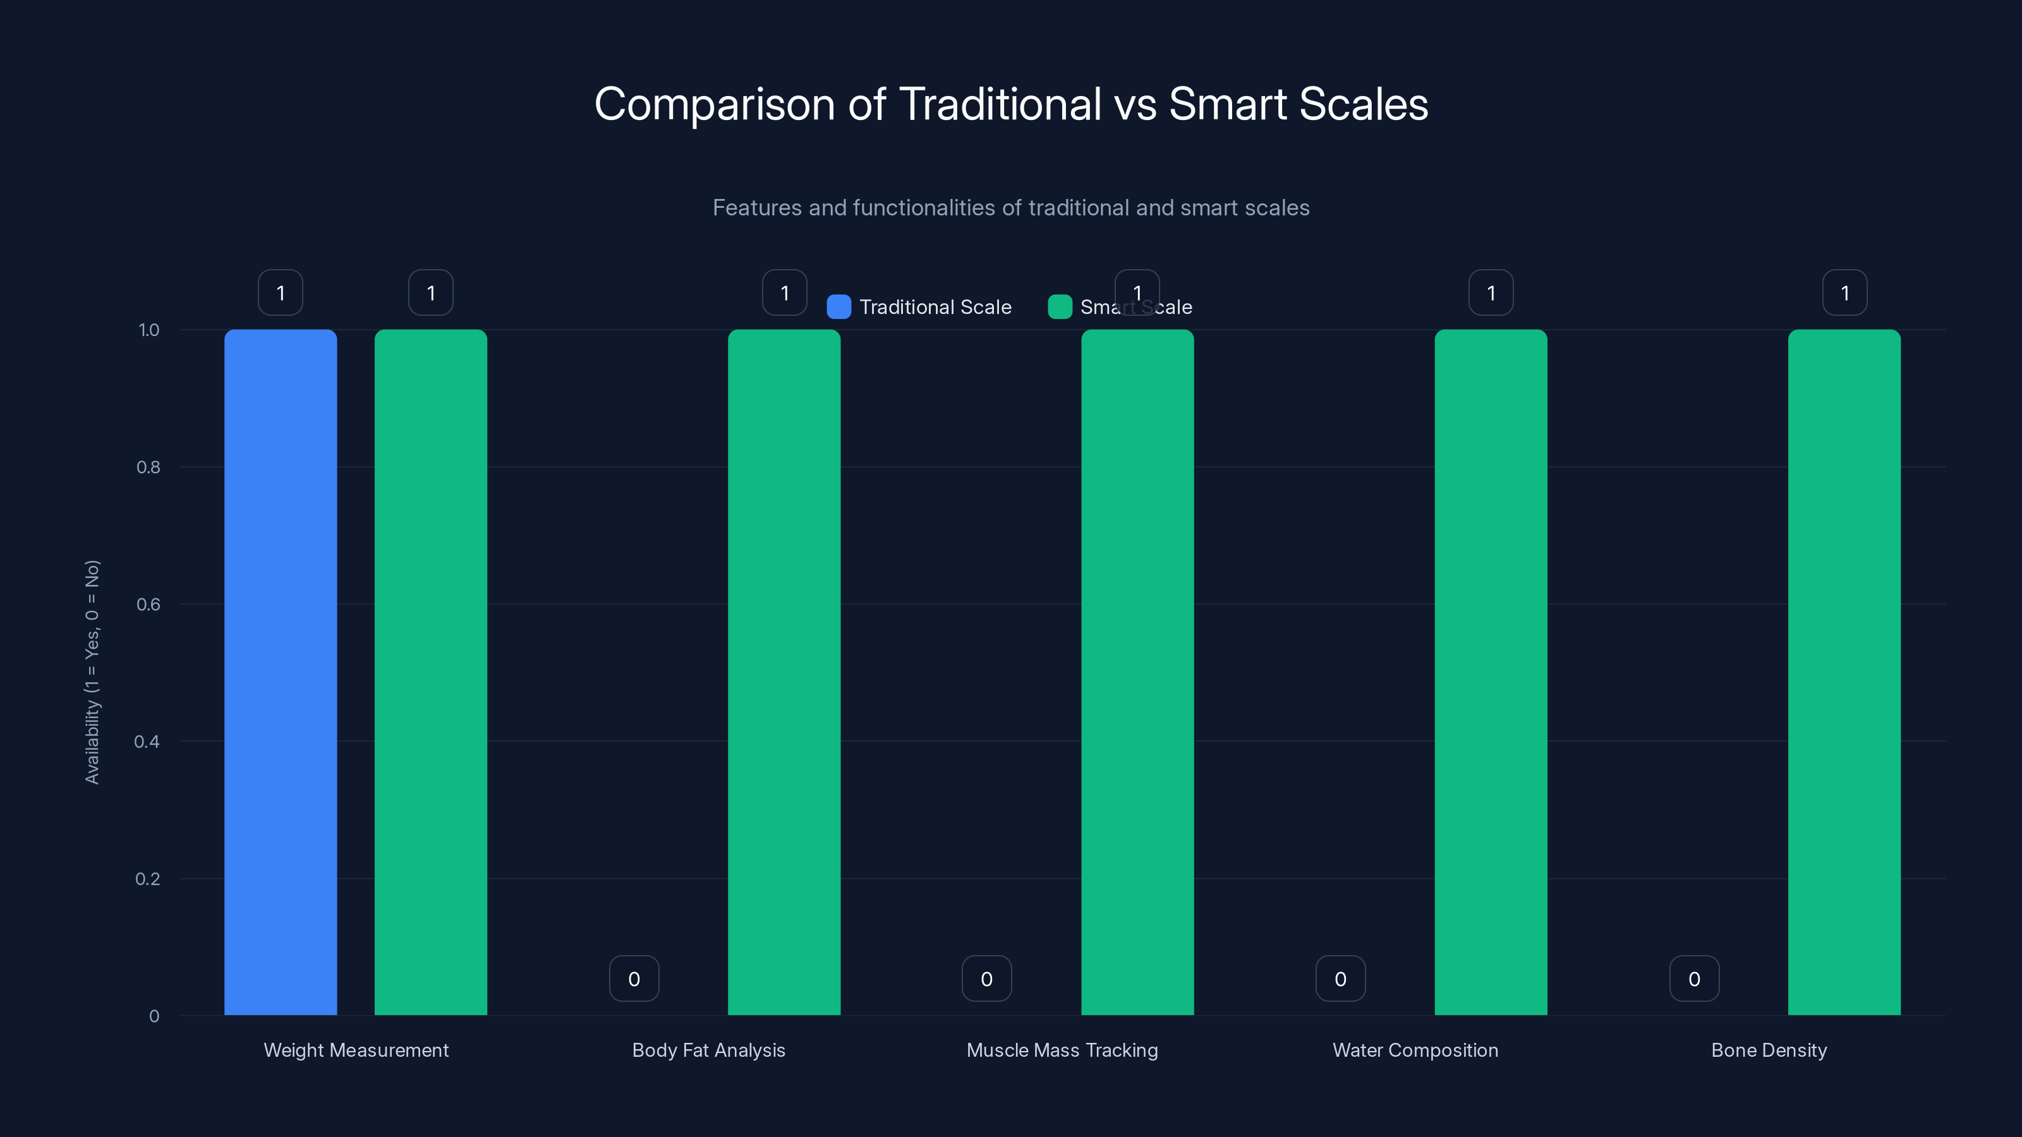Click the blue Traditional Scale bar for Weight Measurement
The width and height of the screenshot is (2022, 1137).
point(280,671)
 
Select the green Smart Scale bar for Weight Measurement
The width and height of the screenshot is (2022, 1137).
point(430,671)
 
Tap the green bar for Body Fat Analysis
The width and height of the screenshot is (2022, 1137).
point(784,671)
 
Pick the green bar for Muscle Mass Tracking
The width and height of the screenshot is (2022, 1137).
point(1137,671)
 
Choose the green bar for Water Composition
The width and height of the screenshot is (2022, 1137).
point(1491,671)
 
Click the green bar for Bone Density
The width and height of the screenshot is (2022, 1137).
point(1844,671)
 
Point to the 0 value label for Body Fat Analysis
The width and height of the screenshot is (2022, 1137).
point(633,978)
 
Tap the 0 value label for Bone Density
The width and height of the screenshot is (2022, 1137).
point(1694,978)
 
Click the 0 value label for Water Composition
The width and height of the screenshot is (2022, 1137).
point(1340,978)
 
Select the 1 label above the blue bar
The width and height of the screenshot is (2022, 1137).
point(280,292)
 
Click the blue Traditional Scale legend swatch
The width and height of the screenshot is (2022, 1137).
point(838,307)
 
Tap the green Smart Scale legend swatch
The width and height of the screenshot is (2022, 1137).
point(1060,307)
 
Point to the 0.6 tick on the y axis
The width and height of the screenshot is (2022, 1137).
point(148,605)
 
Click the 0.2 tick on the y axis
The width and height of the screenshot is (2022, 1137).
point(148,879)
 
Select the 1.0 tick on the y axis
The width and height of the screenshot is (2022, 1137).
point(148,330)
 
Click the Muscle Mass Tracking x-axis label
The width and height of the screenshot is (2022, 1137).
point(1062,1050)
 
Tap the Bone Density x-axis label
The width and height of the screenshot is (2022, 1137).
point(1769,1050)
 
